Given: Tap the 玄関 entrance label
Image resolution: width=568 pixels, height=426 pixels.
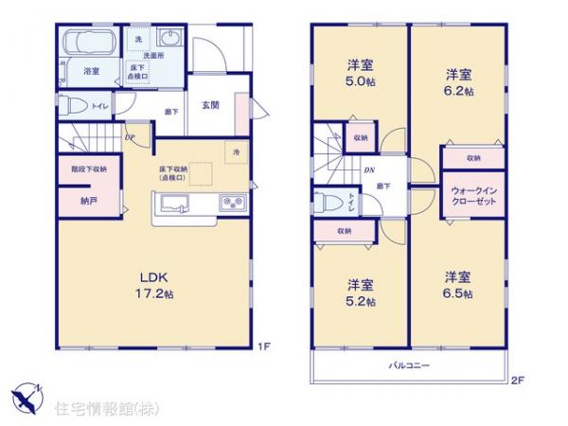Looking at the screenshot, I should coord(211,105).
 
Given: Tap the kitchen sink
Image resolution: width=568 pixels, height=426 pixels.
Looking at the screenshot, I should coord(176,203).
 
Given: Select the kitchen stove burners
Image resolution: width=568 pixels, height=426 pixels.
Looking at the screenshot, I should coord(232,204).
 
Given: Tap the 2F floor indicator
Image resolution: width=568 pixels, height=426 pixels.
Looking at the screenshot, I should coord(517,379).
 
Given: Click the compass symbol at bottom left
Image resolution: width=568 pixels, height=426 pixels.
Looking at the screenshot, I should coord(26,395).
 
